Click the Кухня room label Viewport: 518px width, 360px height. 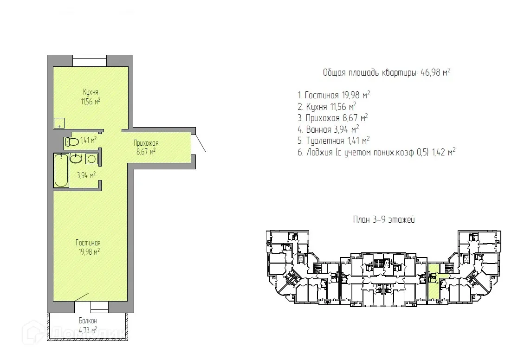pos(91,92)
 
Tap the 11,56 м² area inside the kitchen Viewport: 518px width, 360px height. pos(91,102)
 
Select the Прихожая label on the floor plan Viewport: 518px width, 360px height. pos(146,143)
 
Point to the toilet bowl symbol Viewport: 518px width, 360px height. pos(72,141)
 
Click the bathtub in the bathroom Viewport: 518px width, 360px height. pos(61,170)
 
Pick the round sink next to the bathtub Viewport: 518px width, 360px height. pos(76,158)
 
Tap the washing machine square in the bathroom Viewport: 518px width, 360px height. pos(91,159)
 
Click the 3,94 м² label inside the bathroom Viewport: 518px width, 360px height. pos(86,175)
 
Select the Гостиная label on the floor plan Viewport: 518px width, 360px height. pos(88,243)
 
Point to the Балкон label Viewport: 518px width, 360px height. pos(88,321)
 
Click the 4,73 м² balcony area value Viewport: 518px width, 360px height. pos(88,330)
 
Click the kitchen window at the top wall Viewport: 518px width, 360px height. pos(90,61)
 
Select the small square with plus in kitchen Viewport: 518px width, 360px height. pos(59,123)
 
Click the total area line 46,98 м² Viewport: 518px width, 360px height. pos(387,72)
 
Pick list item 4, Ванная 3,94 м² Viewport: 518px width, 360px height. pos(328,129)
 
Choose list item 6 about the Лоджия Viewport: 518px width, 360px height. pos(376,152)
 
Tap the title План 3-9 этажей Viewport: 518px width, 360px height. pos(384,219)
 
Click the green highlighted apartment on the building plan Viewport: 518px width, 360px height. pos(434,282)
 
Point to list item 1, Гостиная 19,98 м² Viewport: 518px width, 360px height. pos(334,95)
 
